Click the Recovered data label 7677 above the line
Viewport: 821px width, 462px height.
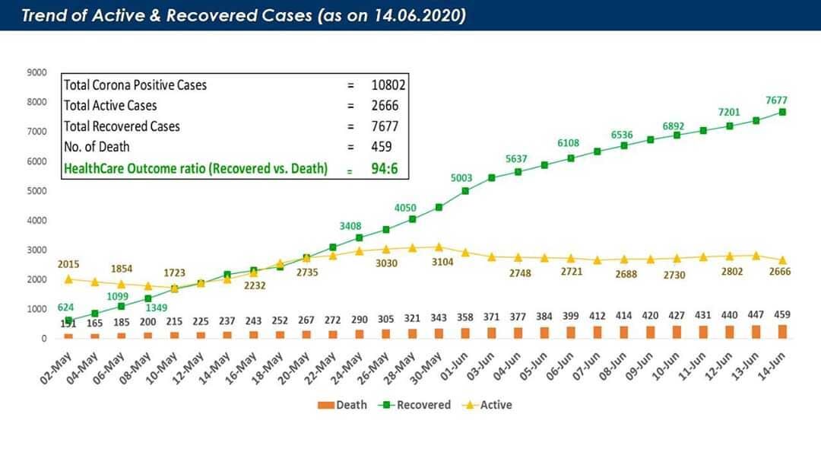(x=781, y=100)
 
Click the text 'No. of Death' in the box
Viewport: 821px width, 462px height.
(x=97, y=147)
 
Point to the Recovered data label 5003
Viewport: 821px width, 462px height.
(x=461, y=178)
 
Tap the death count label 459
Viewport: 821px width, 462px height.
(x=782, y=314)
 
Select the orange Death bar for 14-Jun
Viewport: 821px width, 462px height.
(x=782, y=332)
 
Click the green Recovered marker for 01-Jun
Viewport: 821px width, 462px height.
(x=465, y=191)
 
